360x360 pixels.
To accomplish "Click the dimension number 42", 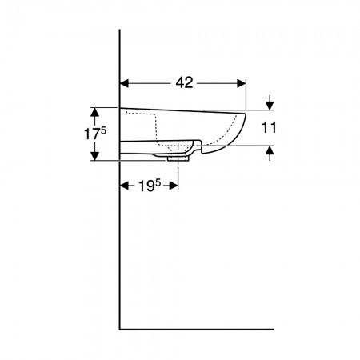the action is point(184,83).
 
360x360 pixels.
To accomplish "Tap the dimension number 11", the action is point(269,127).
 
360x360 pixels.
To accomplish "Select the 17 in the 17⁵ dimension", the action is point(92,134).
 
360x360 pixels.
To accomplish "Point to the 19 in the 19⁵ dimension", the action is point(146,186).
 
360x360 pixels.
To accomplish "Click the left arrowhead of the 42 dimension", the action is point(125,83).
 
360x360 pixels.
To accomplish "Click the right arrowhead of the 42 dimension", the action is point(242,83).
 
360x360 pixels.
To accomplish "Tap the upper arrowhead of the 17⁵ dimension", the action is point(94,112).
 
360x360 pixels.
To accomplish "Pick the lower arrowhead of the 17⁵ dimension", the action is point(94,156).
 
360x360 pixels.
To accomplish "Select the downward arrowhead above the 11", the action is point(270,106).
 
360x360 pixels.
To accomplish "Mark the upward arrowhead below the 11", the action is point(270,150).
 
